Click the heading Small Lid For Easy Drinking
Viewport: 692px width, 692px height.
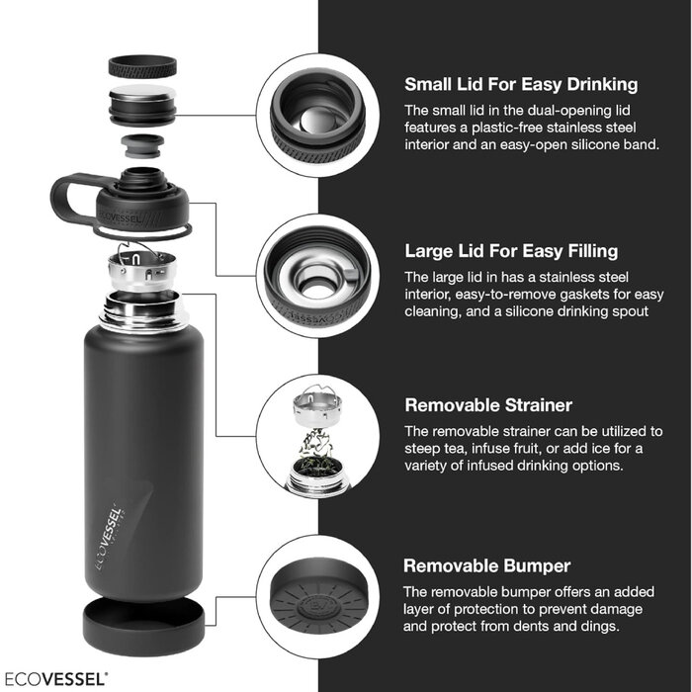[x=521, y=84]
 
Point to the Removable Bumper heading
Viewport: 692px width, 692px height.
[x=486, y=566]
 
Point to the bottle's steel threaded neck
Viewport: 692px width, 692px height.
[x=141, y=307]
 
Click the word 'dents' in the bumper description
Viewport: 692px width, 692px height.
[x=554, y=627]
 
